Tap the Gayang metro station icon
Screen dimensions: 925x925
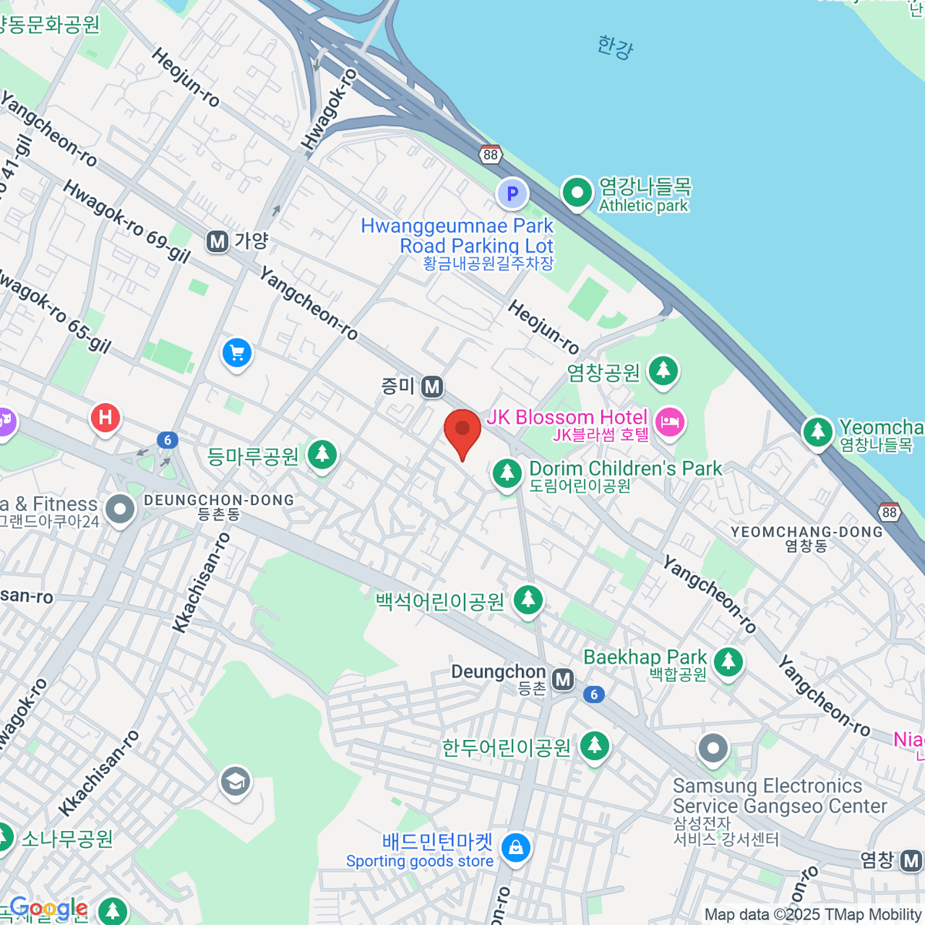click(x=217, y=242)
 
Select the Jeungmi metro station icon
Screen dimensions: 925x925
click(x=432, y=386)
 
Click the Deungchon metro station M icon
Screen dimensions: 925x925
click(x=564, y=679)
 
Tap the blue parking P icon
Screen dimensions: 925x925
click(x=512, y=194)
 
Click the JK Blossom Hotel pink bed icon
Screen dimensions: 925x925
click(x=669, y=422)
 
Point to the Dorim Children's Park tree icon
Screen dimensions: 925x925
click(x=507, y=473)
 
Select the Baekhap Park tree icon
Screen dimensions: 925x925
click(x=728, y=661)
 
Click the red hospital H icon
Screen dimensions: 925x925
click(x=106, y=419)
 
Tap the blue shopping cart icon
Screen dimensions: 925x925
click(x=237, y=354)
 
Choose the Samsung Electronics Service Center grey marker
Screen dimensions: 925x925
click(x=713, y=748)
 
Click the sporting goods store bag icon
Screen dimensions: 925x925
click(x=515, y=849)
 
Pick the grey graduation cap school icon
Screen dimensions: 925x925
click(x=235, y=782)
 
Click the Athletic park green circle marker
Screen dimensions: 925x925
click(x=577, y=193)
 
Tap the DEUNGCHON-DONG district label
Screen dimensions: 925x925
click(x=219, y=500)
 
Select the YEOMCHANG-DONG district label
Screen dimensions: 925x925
click(x=806, y=532)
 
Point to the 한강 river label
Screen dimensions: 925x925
click(x=614, y=47)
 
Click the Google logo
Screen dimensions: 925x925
click(x=49, y=908)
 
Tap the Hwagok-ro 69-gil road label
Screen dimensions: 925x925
click(x=126, y=222)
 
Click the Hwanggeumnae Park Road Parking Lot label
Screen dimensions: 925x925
click(x=457, y=236)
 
